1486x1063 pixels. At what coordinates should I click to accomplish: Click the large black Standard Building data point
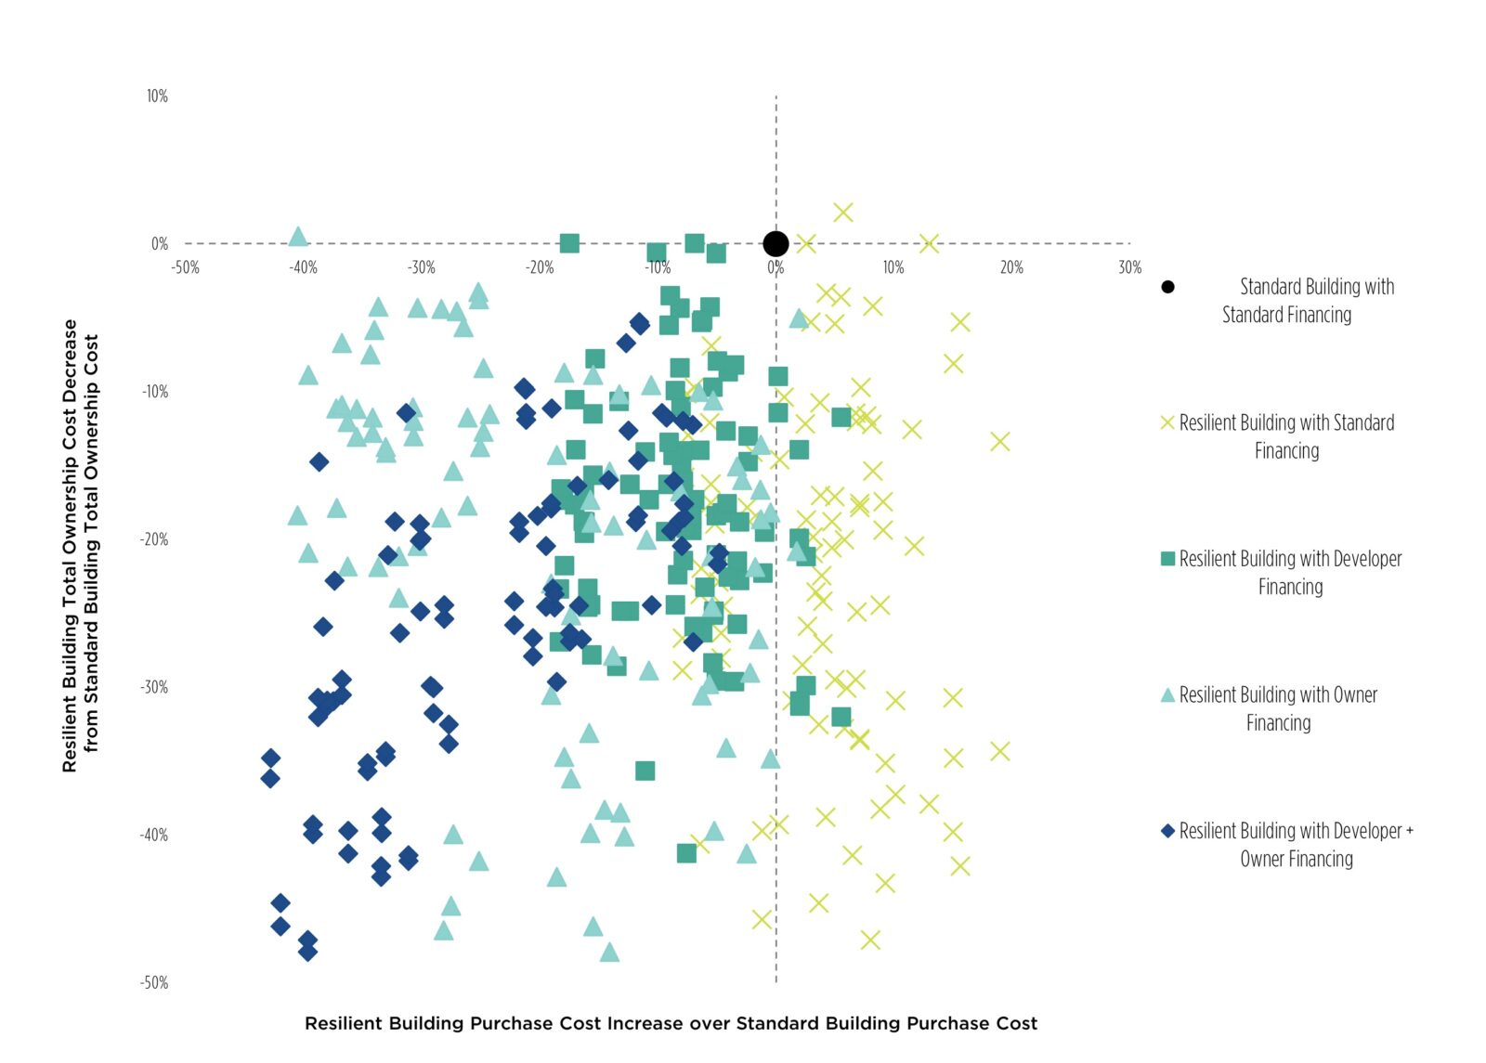776,244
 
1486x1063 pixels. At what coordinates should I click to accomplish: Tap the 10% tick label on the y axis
157,97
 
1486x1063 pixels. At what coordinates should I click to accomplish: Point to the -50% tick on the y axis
155,983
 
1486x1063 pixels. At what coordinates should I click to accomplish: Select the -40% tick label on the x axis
303,268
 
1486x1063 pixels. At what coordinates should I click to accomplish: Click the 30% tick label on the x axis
1129,268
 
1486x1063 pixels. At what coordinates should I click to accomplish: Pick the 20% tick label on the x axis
1011,268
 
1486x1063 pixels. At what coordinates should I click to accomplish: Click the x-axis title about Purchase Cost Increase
671,1023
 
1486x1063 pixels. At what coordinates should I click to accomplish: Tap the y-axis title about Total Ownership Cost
80,546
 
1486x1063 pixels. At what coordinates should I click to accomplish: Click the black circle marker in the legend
1167,287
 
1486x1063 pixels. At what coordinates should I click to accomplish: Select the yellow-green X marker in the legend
1167,423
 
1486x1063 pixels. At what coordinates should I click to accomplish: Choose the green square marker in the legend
1167,559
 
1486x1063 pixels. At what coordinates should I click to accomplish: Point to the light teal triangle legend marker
1167,694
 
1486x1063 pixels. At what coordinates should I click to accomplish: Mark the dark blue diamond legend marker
1167,831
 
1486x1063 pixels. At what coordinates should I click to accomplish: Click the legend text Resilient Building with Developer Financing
1290,573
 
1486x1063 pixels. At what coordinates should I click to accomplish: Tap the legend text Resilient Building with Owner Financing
1279,708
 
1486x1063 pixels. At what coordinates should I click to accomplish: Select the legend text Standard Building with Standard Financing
1300,301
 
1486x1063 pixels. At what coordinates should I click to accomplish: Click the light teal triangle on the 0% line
297,237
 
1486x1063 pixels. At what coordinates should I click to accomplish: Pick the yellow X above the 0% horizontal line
842,213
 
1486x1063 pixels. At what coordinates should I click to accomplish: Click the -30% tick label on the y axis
154,688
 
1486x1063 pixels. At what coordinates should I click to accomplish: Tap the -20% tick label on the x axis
540,268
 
